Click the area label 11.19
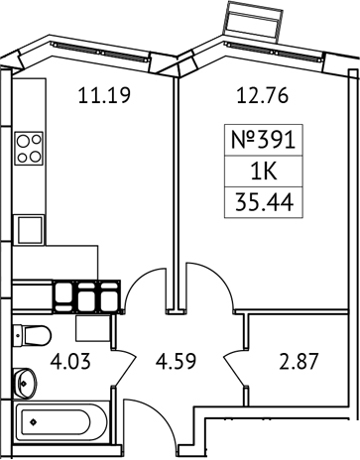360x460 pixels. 105,96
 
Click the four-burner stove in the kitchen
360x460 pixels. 30,148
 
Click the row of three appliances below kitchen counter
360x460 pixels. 86,296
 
